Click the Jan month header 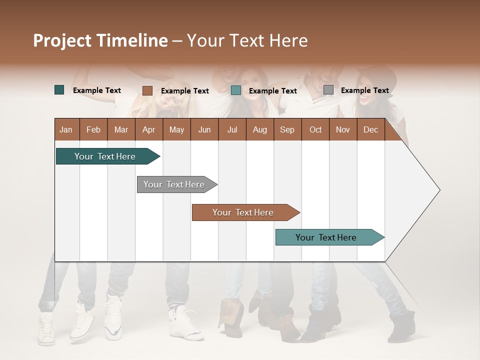tap(66, 130)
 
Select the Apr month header tap(148, 130)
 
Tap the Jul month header tap(232, 130)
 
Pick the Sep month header tap(287, 130)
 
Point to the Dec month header tap(370, 130)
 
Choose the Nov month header tap(342, 130)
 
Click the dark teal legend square tap(59, 90)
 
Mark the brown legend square tap(147, 90)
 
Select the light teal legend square tap(236, 90)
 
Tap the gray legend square tap(328, 90)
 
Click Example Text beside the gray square tap(364, 90)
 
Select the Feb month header tap(93, 130)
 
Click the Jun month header tap(204, 130)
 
